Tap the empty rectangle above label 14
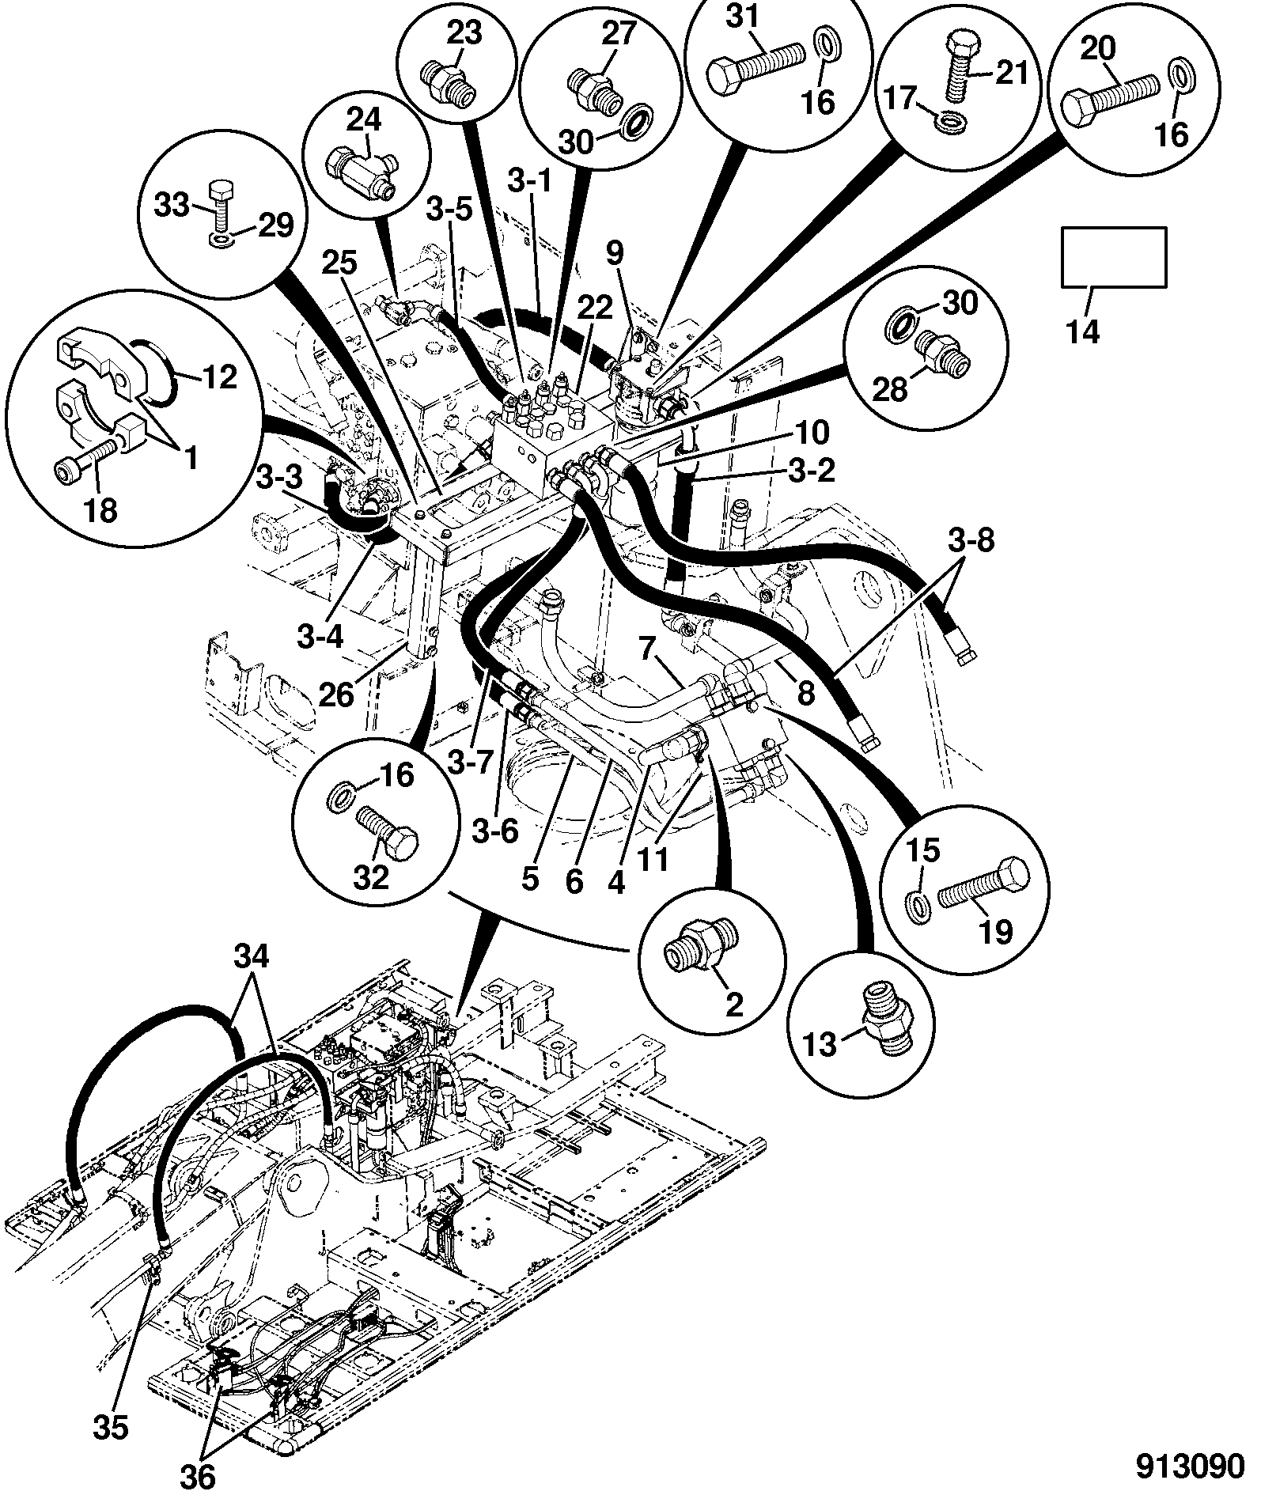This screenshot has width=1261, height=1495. click(x=1113, y=256)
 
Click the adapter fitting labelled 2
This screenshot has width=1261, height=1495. click(x=700, y=944)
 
